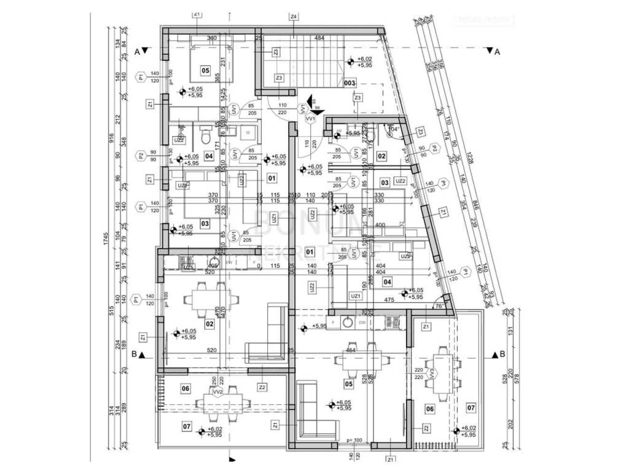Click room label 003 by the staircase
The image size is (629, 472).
point(350,82)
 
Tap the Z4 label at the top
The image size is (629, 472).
point(294,16)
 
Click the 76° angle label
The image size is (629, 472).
point(439,305)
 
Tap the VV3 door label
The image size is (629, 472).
point(432,373)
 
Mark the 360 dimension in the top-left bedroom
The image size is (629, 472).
point(213,39)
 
